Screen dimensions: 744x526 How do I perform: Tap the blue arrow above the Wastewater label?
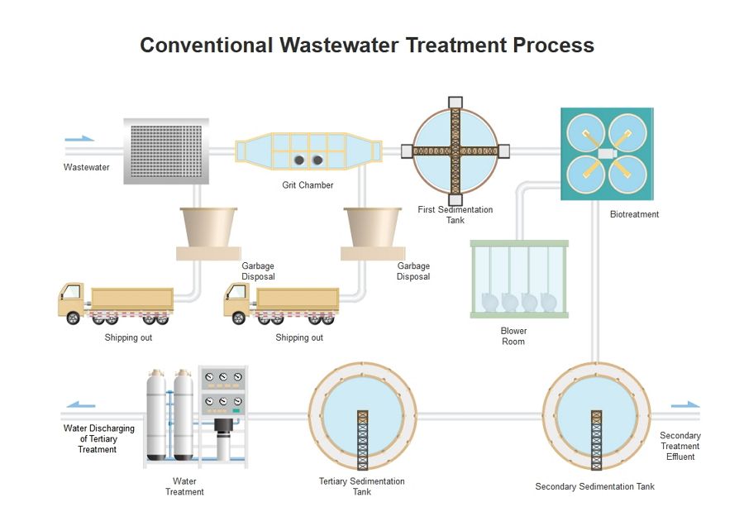[x=79, y=139]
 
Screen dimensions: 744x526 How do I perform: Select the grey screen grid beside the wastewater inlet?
[x=166, y=151]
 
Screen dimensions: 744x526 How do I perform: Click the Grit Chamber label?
[x=308, y=185]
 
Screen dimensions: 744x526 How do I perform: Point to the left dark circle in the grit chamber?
[x=299, y=160]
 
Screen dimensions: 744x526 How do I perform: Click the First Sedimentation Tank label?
[x=455, y=214]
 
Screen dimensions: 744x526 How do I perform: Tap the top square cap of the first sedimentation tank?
[x=455, y=103]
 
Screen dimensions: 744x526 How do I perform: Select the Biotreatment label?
[x=634, y=214]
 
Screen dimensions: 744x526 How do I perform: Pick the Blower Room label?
[x=513, y=336]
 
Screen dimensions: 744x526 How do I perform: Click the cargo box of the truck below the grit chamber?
[x=298, y=299]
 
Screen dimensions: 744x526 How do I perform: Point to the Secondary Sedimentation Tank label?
[x=594, y=486]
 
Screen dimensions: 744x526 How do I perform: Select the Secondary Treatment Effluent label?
[x=680, y=447]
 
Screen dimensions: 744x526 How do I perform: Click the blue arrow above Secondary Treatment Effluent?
[x=685, y=404]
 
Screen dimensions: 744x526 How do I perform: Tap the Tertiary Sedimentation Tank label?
[x=361, y=486]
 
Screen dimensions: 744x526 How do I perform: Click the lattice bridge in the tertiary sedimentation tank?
[x=363, y=440]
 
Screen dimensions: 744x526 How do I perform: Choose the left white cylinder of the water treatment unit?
[x=156, y=415]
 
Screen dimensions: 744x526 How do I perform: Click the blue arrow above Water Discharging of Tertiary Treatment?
[x=81, y=405]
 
